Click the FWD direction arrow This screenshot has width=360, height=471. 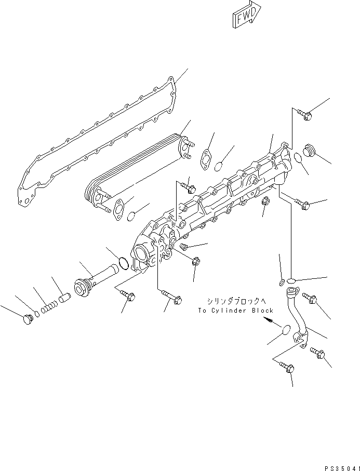[246, 17]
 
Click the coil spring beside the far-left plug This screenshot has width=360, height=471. [48, 307]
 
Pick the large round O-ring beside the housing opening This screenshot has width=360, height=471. [123, 263]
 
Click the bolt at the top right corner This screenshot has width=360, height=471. [305, 115]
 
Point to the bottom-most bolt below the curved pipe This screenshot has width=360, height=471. [289, 368]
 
